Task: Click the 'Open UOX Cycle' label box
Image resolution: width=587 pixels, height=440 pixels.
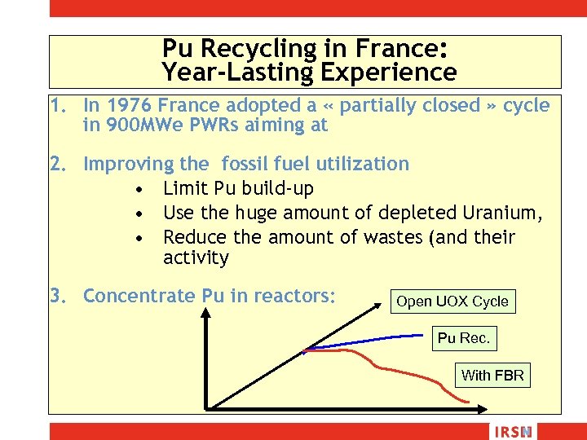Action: [x=452, y=301]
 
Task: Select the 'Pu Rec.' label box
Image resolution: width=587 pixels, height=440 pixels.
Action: [x=463, y=338]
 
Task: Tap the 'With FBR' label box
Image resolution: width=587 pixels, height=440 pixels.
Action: [x=492, y=375]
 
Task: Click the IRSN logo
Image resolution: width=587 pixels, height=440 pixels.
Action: [x=510, y=432]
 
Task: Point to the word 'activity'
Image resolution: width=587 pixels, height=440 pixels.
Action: [x=196, y=258]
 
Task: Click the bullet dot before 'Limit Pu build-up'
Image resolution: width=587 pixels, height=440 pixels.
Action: [x=141, y=190]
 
